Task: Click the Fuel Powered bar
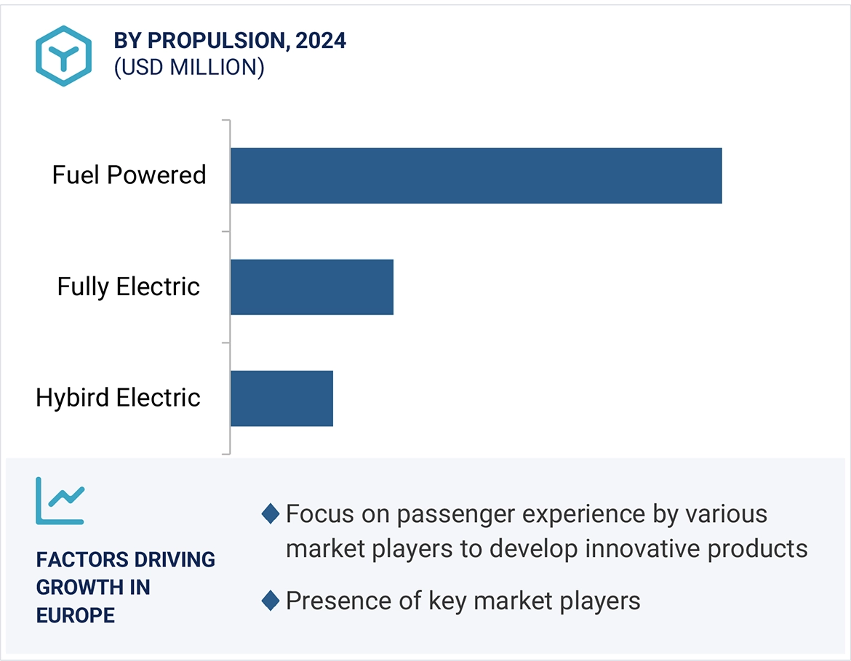point(476,175)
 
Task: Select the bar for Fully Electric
point(311,287)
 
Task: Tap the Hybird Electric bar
point(281,398)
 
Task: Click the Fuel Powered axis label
point(129,175)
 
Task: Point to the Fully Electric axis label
point(128,287)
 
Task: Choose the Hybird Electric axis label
point(118,398)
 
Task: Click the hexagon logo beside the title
point(63,56)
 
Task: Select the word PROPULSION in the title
point(215,41)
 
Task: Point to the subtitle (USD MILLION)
point(188,68)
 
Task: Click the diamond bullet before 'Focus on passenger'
point(270,514)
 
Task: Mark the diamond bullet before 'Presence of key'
point(270,601)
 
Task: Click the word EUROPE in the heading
point(76,615)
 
